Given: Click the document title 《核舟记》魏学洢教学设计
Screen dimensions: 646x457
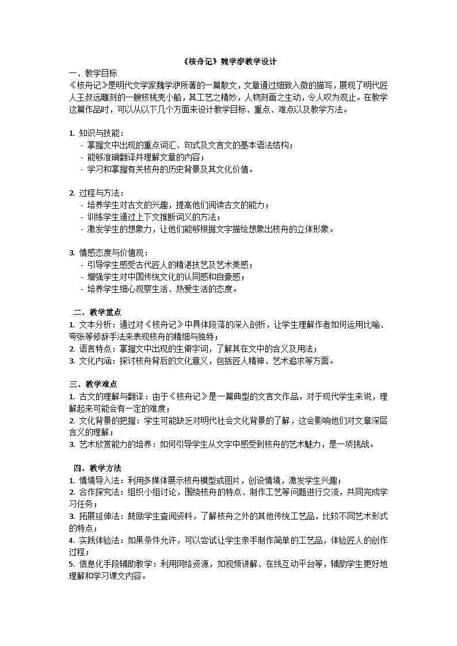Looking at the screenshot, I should click(228, 62).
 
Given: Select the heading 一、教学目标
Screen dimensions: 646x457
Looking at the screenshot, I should click(93, 73).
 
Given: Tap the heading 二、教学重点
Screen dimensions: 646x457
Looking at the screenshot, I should click(97, 312).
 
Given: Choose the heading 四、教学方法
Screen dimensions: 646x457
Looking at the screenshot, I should click(97, 468).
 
